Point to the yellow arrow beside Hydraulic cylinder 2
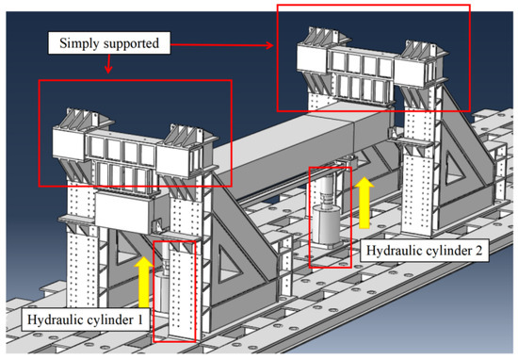click(363, 205)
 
